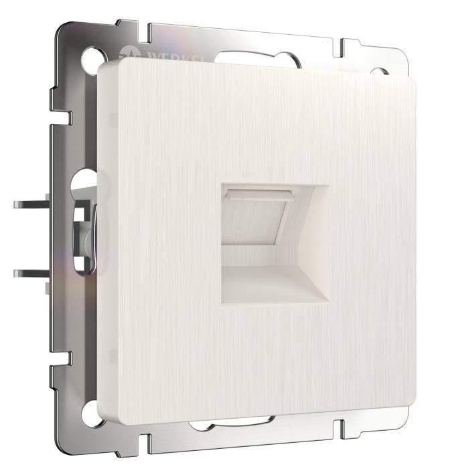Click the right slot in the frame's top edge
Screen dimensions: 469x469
pos(342,48)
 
